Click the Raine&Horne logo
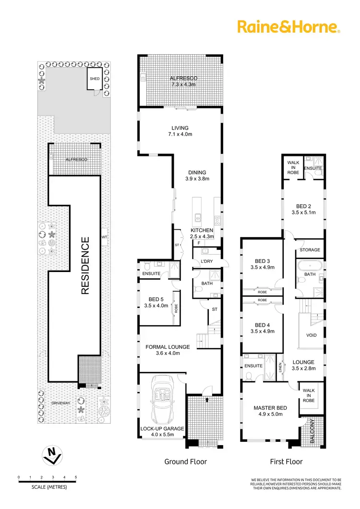(x=289, y=27)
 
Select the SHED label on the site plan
(x=94, y=79)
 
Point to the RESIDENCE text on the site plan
(x=85, y=265)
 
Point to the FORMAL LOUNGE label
(x=168, y=347)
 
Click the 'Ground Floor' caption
(x=186, y=462)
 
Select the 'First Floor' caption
(x=287, y=462)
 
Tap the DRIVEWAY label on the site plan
(x=60, y=403)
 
